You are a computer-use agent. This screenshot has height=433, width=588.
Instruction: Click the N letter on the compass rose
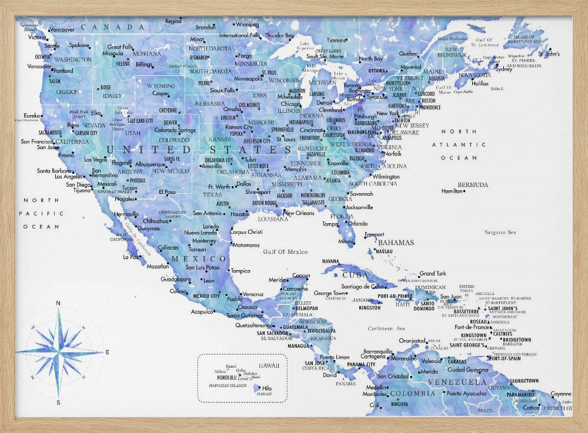(58, 303)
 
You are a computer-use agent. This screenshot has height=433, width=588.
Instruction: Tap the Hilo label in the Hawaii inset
(266, 388)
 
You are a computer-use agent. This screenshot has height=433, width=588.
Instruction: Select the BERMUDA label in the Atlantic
(473, 184)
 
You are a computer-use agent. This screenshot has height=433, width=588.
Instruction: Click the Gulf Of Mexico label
(285, 251)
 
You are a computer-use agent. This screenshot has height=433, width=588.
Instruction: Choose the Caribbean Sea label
(386, 328)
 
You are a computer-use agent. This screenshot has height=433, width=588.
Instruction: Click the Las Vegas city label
(96, 159)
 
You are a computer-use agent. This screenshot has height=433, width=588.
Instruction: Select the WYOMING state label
(161, 85)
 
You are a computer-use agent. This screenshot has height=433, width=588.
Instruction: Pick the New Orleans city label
(299, 213)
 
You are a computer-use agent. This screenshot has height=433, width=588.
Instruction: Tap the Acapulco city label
(202, 311)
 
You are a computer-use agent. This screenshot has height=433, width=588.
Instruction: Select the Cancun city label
(300, 276)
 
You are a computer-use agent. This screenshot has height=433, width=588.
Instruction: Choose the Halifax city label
(480, 83)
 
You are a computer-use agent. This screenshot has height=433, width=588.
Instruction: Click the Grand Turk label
(432, 274)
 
